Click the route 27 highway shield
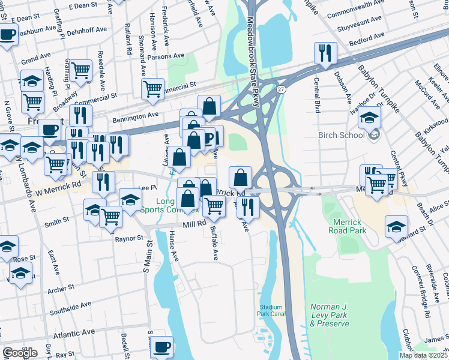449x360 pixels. tap(281, 89)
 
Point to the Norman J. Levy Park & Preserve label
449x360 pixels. tap(329, 315)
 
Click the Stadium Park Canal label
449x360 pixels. tap(271, 310)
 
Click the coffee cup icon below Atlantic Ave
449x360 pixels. tap(161, 347)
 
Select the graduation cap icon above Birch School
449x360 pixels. tap(370, 116)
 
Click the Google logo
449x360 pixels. tap(20, 353)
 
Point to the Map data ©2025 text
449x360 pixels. tap(423, 355)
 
